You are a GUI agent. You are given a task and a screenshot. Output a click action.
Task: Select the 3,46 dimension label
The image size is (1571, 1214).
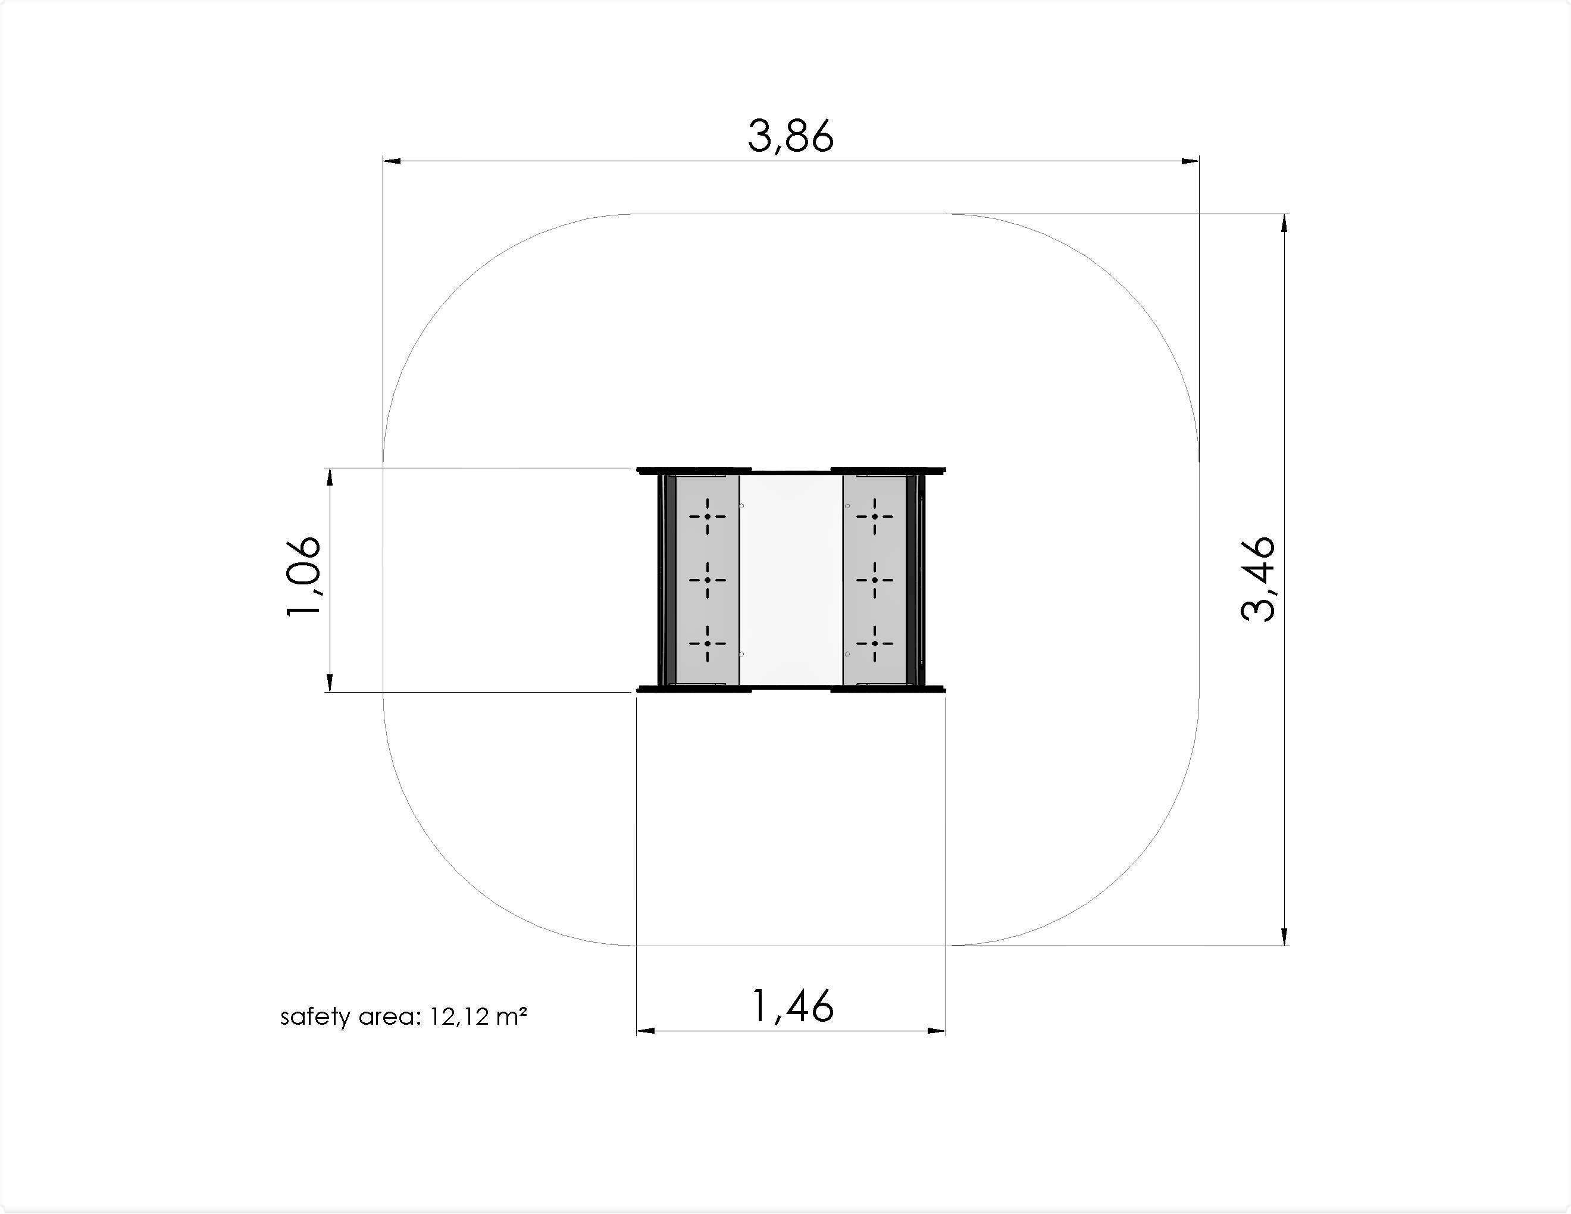click(1258, 579)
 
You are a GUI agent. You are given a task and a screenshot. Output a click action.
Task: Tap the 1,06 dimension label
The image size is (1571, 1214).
click(303, 577)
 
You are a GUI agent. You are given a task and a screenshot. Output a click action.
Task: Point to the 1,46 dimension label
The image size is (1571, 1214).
click(792, 1006)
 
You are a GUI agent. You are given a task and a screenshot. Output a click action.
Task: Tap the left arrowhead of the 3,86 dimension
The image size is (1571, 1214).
click(392, 161)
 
